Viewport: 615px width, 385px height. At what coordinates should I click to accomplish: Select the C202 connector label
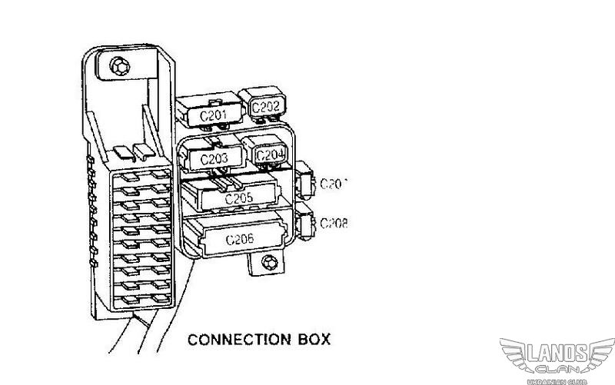pos(265,108)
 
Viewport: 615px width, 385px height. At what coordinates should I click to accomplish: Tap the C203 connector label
pos(214,158)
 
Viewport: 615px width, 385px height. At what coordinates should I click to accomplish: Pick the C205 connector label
pos(238,197)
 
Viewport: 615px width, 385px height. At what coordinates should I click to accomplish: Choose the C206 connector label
pos(240,239)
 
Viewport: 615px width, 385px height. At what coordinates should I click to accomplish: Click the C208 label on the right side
pos(334,223)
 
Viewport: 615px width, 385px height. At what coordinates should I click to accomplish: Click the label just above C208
pos(334,183)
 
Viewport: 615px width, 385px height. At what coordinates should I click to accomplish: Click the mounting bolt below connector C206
pos(268,264)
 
